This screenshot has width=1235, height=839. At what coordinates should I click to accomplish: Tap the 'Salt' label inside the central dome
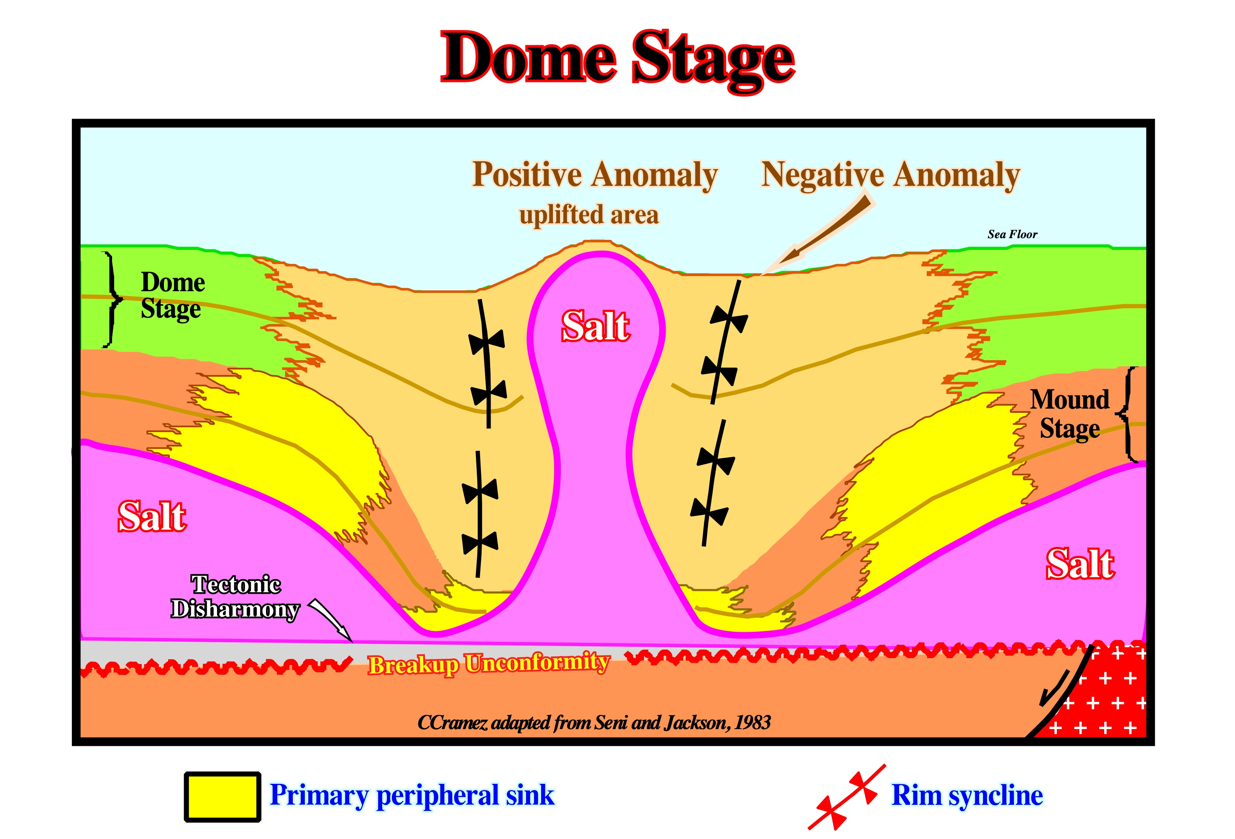(x=596, y=325)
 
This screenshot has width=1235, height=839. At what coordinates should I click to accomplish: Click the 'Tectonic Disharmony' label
(x=235, y=597)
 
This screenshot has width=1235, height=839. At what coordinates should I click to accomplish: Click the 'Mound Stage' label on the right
(x=1070, y=414)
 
